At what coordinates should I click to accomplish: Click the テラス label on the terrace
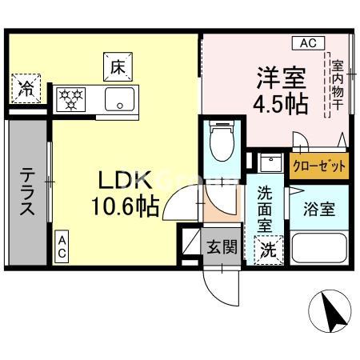point(27,192)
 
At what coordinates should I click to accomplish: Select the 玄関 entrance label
point(222,246)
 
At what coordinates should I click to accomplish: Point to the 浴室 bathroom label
point(318,210)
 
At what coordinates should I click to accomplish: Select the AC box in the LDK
point(62,246)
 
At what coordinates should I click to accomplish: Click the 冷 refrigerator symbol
point(26,88)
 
